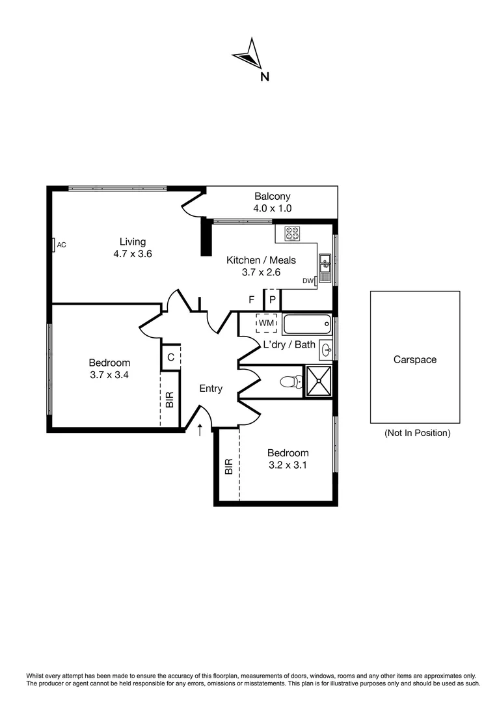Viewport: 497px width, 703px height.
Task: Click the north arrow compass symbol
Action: click(x=248, y=56)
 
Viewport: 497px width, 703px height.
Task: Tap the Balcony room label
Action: click(x=272, y=197)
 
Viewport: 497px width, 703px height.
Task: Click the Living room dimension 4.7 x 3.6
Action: click(x=132, y=254)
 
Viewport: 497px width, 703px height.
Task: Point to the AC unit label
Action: click(x=62, y=245)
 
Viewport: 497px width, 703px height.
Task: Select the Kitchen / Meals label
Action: click(x=261, y=260)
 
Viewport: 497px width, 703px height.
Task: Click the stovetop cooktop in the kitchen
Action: click(x=291, y=232)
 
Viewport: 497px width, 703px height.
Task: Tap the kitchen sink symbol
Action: click(x=325, y=264)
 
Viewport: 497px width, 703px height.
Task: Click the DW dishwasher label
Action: click(x=307, y=281)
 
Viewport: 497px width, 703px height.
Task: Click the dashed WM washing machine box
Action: click(x=266, y=323)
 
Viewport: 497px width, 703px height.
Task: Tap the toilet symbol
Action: click(x=289, y=382)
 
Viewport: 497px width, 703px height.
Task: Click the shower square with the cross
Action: click(x=319, y=381)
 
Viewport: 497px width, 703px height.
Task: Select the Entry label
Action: click(x=211, y=389)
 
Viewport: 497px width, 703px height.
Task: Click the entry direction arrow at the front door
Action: click(x=200, y=428)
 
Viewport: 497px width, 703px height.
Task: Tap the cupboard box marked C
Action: click(x=170, y=357)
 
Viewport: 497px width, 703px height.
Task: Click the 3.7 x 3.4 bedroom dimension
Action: click(x=109, y=374)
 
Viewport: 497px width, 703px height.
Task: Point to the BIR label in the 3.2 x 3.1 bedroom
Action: click(x=228, y=467)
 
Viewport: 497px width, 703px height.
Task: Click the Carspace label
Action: click(x=414, y=359)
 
